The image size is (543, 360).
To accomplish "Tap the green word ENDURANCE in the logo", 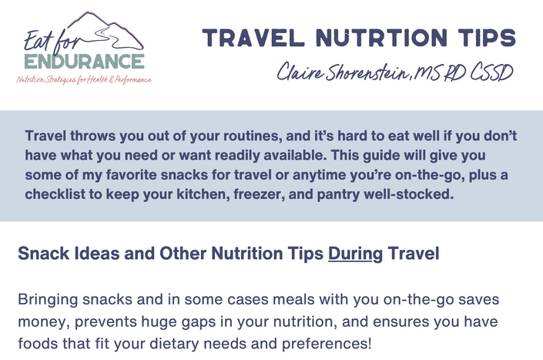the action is tap(85, 62).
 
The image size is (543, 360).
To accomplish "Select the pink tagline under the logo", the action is tap(84, 79).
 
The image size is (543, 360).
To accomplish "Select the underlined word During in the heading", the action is tap(355, 254).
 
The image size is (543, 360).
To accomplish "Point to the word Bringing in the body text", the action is tap(48, 300).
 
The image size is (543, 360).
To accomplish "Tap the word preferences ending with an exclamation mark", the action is tap(327, 344).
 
